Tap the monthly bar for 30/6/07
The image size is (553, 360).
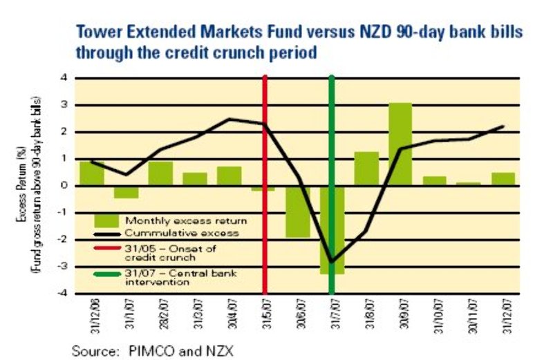point(298,211)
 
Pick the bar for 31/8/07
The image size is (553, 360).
point(366,169)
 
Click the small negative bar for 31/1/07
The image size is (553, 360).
point(126,191)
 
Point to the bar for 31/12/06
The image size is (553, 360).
point(92,173)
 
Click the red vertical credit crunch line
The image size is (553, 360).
point(264,138)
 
